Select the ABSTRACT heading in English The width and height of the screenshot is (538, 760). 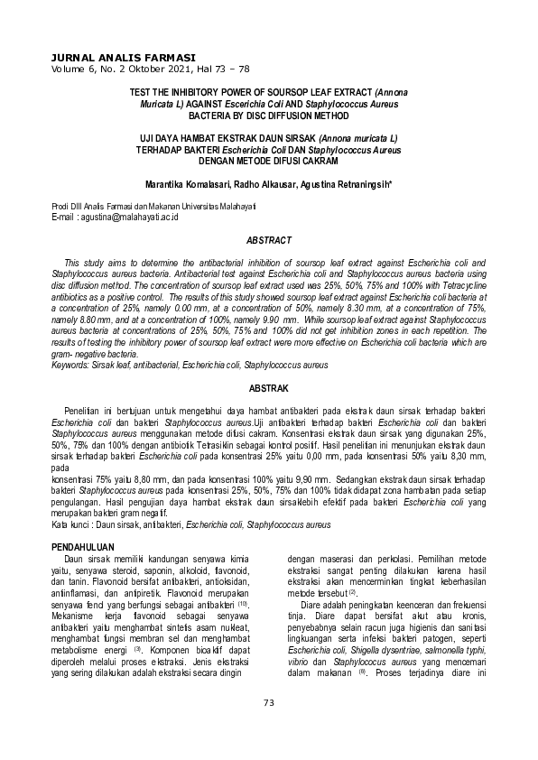click(269, 240)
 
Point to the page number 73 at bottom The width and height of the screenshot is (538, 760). click(268, 728)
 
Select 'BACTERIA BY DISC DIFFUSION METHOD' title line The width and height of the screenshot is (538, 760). click(268, 116)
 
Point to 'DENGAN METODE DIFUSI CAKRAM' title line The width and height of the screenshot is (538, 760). click(268, 161)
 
